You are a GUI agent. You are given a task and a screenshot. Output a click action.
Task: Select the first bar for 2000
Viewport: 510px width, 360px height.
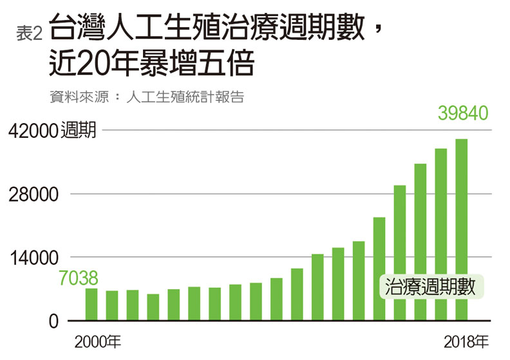pyautogui.click(x=91, y=304)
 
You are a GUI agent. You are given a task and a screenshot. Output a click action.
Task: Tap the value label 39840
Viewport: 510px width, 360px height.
pyautogui.click(x=463, y=113)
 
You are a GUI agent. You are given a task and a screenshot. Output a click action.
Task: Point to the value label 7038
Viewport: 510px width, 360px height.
pyautogui.click(x=79, y=278)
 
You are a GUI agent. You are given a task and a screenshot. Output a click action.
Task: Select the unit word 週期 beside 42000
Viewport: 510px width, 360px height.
pyautogui.click(x=78, y=131)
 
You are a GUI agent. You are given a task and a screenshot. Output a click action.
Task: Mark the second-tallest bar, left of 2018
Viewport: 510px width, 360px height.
pyautogui.click(x=440, y=234)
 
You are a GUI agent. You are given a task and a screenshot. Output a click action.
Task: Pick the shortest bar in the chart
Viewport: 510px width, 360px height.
pyautogui.click(x=153, y=307)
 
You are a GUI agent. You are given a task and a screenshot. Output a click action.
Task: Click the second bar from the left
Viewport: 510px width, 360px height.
pyautogui.click(x=112, y=305)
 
